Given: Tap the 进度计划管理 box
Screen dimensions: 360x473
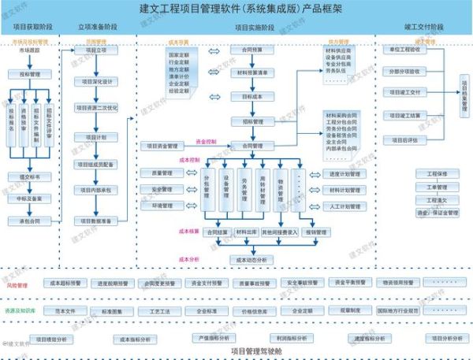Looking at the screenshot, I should (345, 173).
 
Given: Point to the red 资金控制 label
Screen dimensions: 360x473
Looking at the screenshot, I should (206, 142).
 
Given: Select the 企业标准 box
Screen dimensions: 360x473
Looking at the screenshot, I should (206, 311).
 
